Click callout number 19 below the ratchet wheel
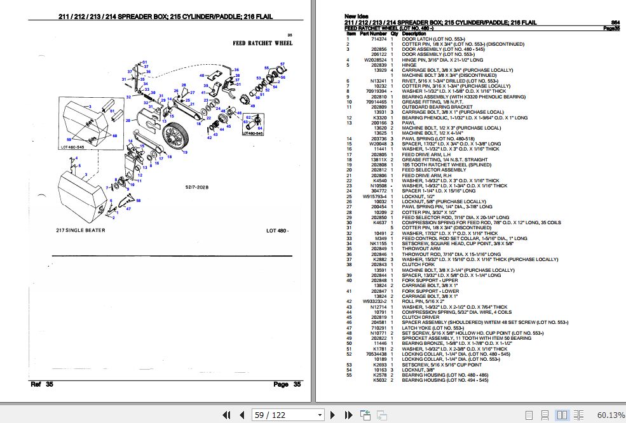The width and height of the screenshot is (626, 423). point(187,152)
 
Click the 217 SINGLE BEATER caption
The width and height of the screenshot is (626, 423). point(80,230)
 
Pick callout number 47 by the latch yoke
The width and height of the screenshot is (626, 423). point(130,208)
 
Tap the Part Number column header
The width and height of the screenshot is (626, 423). point(373,34)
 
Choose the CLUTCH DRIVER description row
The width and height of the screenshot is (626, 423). point(421,317)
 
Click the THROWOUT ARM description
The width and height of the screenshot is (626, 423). point(421,248)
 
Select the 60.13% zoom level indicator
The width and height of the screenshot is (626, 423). point(610,415)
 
